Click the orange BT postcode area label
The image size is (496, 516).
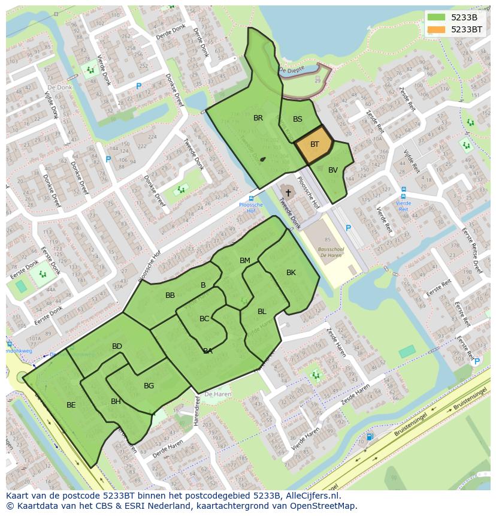coord(314,144)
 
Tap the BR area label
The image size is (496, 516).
coord(258,118)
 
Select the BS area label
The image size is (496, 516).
coord(298,119)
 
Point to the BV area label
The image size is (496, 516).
coord(333,170)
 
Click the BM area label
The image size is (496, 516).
coord(245,261)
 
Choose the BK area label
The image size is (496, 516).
coord(291,273)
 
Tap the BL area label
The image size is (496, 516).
coord(262,312)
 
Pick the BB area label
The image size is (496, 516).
coord(170,295)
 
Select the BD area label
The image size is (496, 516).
coord(117,346)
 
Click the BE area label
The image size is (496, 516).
coord(71,405)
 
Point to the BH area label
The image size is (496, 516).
coord(116,402)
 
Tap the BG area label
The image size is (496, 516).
coord(149,386)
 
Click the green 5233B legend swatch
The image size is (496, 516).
coord(436,17)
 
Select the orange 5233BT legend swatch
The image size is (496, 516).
coord(436,29)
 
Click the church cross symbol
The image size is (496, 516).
coord(288,192)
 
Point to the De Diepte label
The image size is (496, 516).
coord(292,70)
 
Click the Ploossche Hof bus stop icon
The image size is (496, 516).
coord(251,198)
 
